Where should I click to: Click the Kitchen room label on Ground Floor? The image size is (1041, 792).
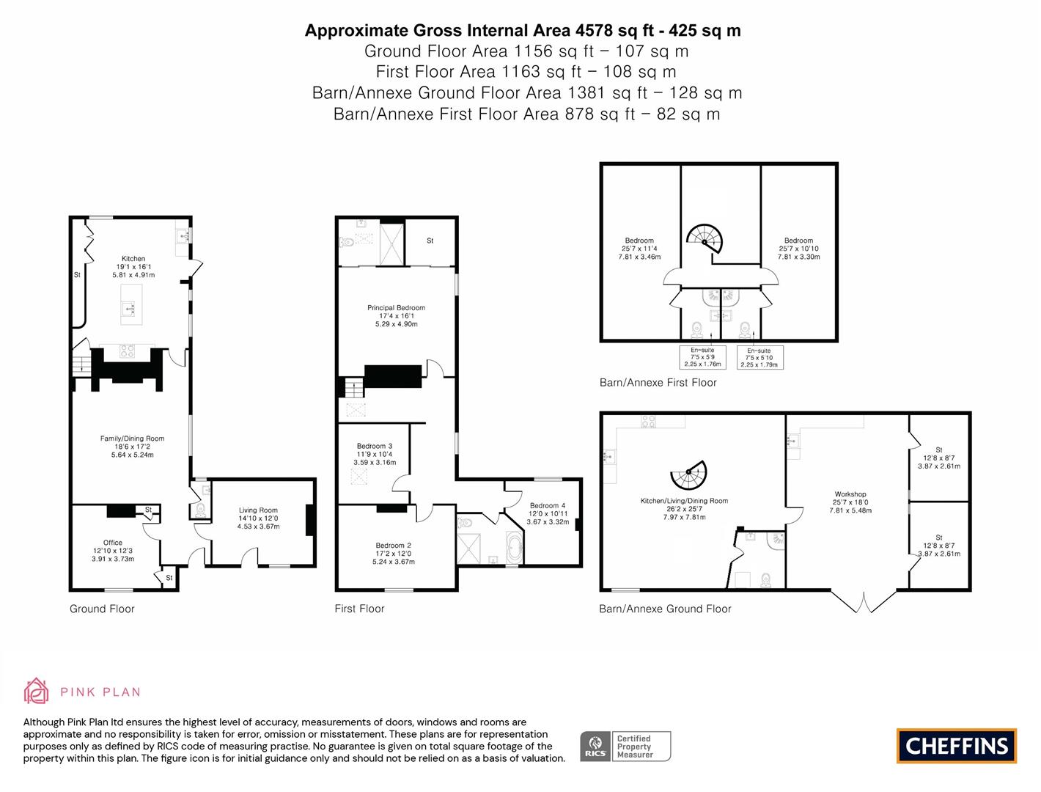click(133, 259)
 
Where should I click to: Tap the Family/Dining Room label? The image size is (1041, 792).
click(132, 439)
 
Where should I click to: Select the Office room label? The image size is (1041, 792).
click(113, 543)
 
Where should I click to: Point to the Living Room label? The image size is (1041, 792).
click(258, 511)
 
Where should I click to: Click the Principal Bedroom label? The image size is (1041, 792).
click(396, 309)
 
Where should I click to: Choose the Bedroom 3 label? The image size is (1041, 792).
click(375, 447)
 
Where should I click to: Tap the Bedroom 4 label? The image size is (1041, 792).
click(548, 506)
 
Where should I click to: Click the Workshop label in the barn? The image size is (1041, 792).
click(850, 495)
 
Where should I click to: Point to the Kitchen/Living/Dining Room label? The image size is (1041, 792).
click(684, 502)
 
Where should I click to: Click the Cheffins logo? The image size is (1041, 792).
click(957, 746)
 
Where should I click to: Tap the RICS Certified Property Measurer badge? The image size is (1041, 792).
click(625, 747)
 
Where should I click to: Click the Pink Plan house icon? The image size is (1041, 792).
click(37, 691)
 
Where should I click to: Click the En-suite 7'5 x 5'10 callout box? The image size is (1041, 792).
click(759, 357)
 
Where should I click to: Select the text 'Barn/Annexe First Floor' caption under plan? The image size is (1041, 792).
click(658, 383)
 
